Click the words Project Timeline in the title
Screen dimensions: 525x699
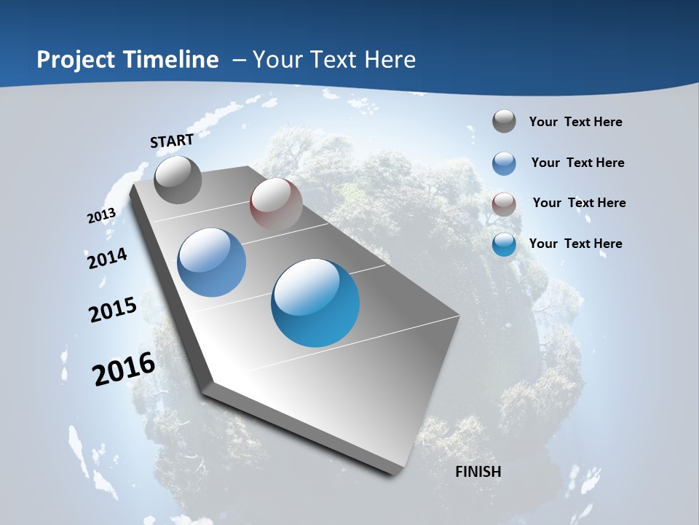click(127, 60)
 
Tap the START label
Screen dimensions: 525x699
click(172, 141)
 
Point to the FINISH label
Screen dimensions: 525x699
click(478, 472)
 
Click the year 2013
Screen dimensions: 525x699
click(101, 216)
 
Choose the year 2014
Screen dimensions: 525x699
click(107, 258)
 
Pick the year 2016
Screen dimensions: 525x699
click(124, 369)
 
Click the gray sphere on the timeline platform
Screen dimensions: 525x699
click(178, 180)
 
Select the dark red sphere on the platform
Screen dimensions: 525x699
click(276, 204)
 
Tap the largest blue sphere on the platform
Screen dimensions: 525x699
click(315, 303)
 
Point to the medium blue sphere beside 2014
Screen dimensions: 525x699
click(211, 262)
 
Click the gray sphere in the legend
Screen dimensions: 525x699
click(504, 122)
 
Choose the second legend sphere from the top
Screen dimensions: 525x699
click(504, 163)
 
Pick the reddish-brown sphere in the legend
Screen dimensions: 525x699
click(504, 203)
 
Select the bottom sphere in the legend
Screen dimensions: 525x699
click(504, 244)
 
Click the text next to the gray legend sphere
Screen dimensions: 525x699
click(575, 122)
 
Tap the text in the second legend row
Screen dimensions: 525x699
click(577, 163)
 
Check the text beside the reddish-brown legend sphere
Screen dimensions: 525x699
click(579, 203)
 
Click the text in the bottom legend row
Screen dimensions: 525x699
click(575, 244)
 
